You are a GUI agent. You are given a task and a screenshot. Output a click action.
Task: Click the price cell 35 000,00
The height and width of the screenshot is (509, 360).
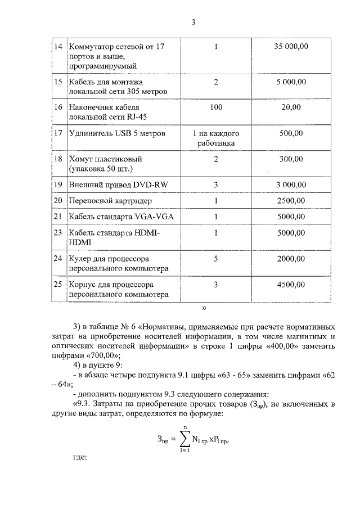point(291,46)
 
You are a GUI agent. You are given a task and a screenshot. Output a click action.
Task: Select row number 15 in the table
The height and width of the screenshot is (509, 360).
point(57,82)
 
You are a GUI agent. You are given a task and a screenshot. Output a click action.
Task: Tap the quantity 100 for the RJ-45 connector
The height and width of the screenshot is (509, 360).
point(216,107)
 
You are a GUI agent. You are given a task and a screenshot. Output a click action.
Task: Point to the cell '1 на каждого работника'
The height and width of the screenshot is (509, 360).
point(216,138)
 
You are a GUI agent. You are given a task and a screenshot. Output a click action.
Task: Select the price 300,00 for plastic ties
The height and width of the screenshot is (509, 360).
point(291,159)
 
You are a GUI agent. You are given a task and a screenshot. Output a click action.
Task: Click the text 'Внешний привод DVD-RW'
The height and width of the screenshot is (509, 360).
point(111,184)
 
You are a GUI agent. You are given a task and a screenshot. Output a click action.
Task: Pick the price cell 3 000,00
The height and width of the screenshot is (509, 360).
point(291,184)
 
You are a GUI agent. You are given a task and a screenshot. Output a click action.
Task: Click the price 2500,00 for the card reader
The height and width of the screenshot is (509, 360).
point(291,200)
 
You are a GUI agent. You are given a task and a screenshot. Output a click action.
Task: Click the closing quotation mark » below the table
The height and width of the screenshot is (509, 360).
point(204,308)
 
